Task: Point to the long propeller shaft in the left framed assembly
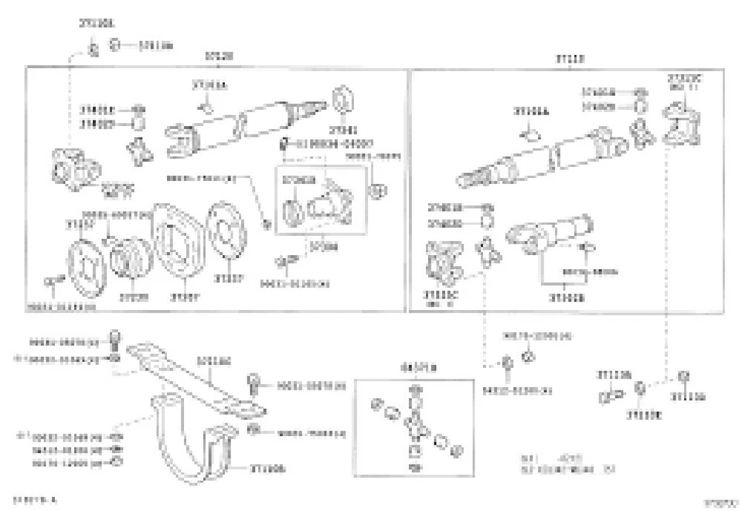[x=240, y=125]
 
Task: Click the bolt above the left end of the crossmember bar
[x=114, y=338]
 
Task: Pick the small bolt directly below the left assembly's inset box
[x=291, y=261]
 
